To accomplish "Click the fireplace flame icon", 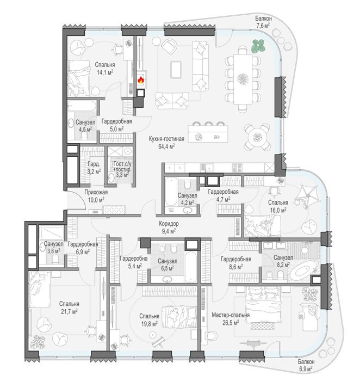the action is click(x=141, y=79).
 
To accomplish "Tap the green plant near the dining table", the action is click(x=258, y=46).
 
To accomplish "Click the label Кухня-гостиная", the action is click(x=166, y=139).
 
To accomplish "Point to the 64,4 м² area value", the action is click(x=166, y=146).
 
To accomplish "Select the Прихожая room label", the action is click(x=96, y=193).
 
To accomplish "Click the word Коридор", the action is click(x=169, y=224).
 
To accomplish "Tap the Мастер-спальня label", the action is click(x=231, y=315).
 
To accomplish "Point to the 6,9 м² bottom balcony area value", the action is click(x=306, y=369).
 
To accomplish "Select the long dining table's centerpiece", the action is click(x=243, y=79).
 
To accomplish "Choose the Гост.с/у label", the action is click(x=122, y=164).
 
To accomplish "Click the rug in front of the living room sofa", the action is click(x=176, y=70).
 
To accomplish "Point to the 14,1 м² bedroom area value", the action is click(x=105, y=72).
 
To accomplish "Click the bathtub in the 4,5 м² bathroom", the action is click(x=82, y=106).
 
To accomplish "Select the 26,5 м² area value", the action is click(x=231, y=323).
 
